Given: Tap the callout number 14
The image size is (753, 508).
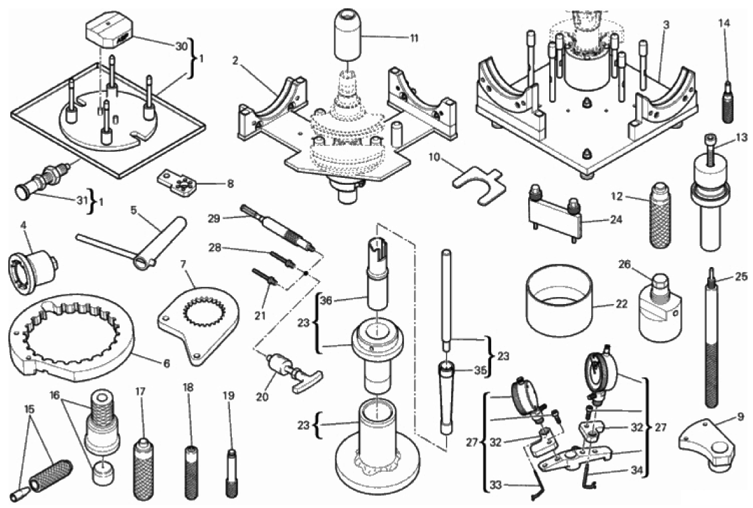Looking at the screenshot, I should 724,24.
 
